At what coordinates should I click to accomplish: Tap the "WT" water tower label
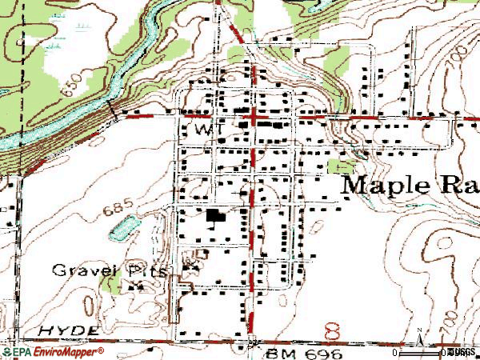click(206, 128)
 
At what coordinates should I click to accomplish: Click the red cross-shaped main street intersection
click(254, 118)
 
